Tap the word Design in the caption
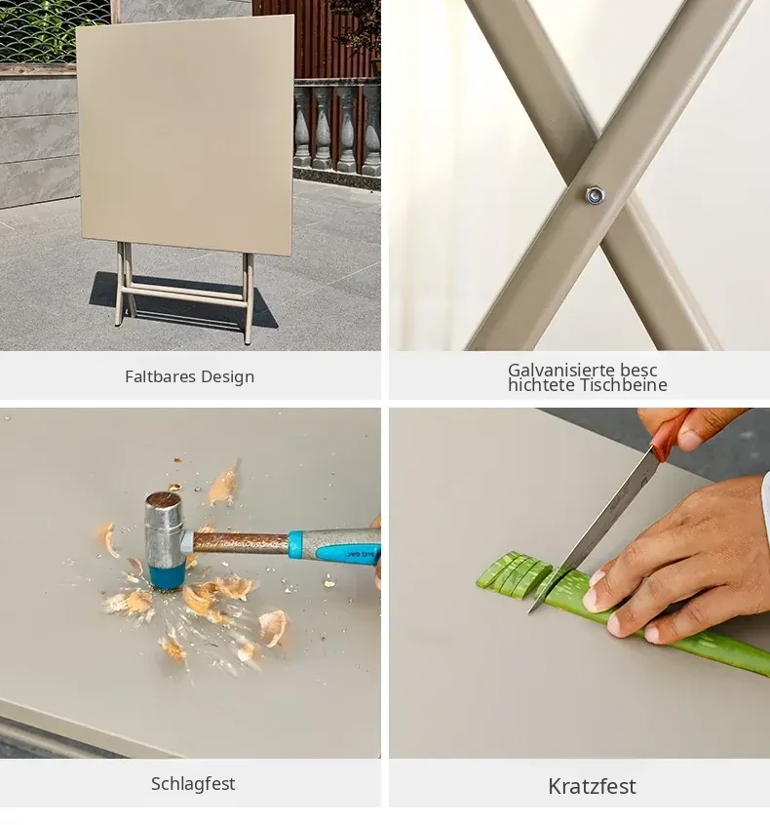pyautogui.click(x=228, y=376)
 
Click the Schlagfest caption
pyautogui.click(x=193, y=784)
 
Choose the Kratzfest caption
pyautogui.click(x=592, y=787)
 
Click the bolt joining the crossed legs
pyautogui.click(x=595, y=196)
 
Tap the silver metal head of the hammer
pyautogui.click(x=164, y=530)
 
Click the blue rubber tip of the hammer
pyautogui.click(x=167, y=576)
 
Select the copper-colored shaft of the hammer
pyautogui.click(x=241, y=542)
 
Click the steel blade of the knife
pyautogui.click(x=594, y=530)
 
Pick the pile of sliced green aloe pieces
pyautogui.click(x=514, y=574)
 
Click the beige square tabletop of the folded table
pyautogui.click(x=185, y=135)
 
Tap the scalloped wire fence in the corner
pyautogui.click(x=53, y=31)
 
